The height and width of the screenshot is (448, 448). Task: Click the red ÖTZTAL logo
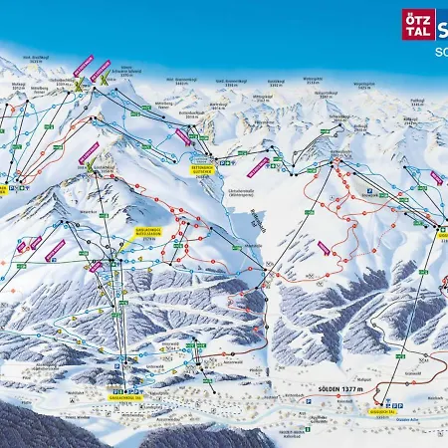click(418, 25)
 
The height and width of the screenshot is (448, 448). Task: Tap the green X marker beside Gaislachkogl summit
click(92, 163)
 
